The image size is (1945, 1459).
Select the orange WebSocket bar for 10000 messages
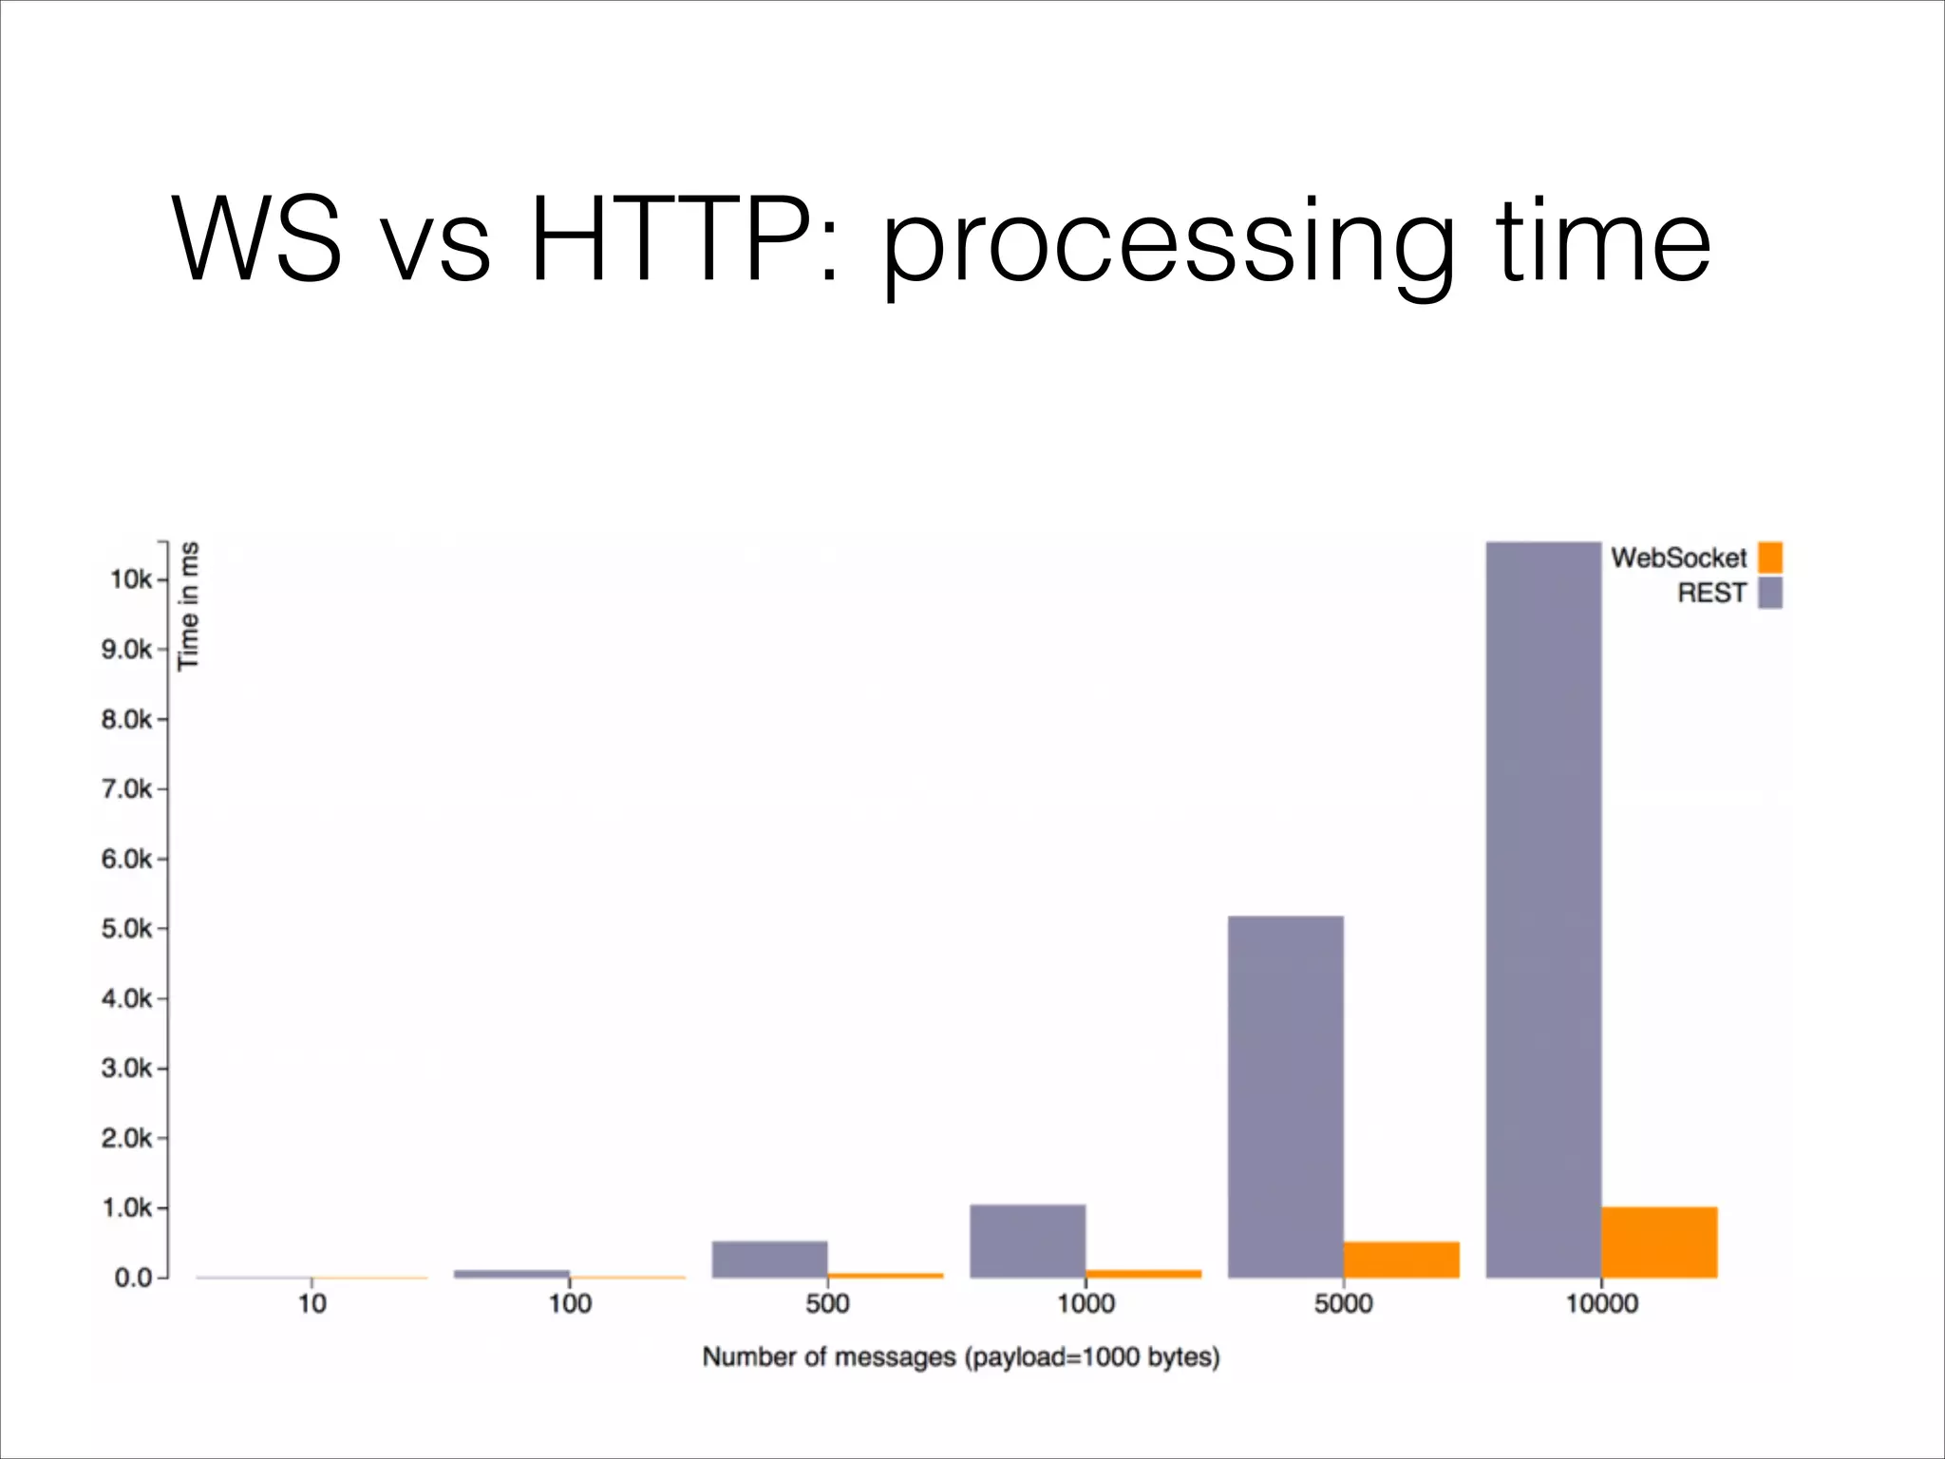coord(1659,1241)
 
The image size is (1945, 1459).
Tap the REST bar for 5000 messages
coord(1285,1096)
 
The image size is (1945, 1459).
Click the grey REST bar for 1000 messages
coord(1028,1241)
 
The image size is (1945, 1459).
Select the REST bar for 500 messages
coord(769,1259)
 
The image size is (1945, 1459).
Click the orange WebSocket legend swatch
coord(1769,558)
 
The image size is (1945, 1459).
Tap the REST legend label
coord(1711,593)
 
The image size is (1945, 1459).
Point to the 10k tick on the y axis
coord(131,579)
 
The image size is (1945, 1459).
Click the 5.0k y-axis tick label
coord(126,929)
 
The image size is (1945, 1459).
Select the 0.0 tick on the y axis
coord(133,1278)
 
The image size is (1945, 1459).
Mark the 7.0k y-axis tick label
coord(126,789)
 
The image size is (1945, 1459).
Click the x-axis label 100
coord(570,1303)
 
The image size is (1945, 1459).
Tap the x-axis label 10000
coord(1601,1303)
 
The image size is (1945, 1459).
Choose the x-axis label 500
coord(827,1303)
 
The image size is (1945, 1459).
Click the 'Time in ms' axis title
coord(189,606)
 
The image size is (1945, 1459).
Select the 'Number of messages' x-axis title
coord(960,1356)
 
